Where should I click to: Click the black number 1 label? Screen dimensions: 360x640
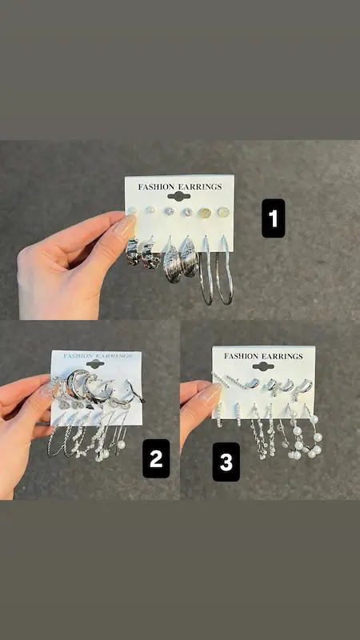(x=273, y=218)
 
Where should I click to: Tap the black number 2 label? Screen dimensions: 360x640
(x=156, y=458)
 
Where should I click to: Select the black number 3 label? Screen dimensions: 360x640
(x=226, y=462)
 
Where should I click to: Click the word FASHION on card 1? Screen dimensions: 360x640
(x=155, y=187)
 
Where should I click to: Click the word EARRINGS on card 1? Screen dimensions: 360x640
(x=198, y=187)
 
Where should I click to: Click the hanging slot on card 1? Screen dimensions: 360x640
(x=178, y=196)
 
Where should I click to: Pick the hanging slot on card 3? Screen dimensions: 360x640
(x=263, y=366)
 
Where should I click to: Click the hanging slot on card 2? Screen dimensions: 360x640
(x=95, y=364)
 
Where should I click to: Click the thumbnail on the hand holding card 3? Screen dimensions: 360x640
(x=211, y=394)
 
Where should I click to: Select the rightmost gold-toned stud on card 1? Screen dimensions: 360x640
(x=223, y=212)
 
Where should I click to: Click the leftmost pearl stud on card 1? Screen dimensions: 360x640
(x=132, y=210)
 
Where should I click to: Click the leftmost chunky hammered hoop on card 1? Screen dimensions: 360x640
(x=132, y=251)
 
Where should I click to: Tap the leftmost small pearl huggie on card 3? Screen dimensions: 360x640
(x=219, y=414)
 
